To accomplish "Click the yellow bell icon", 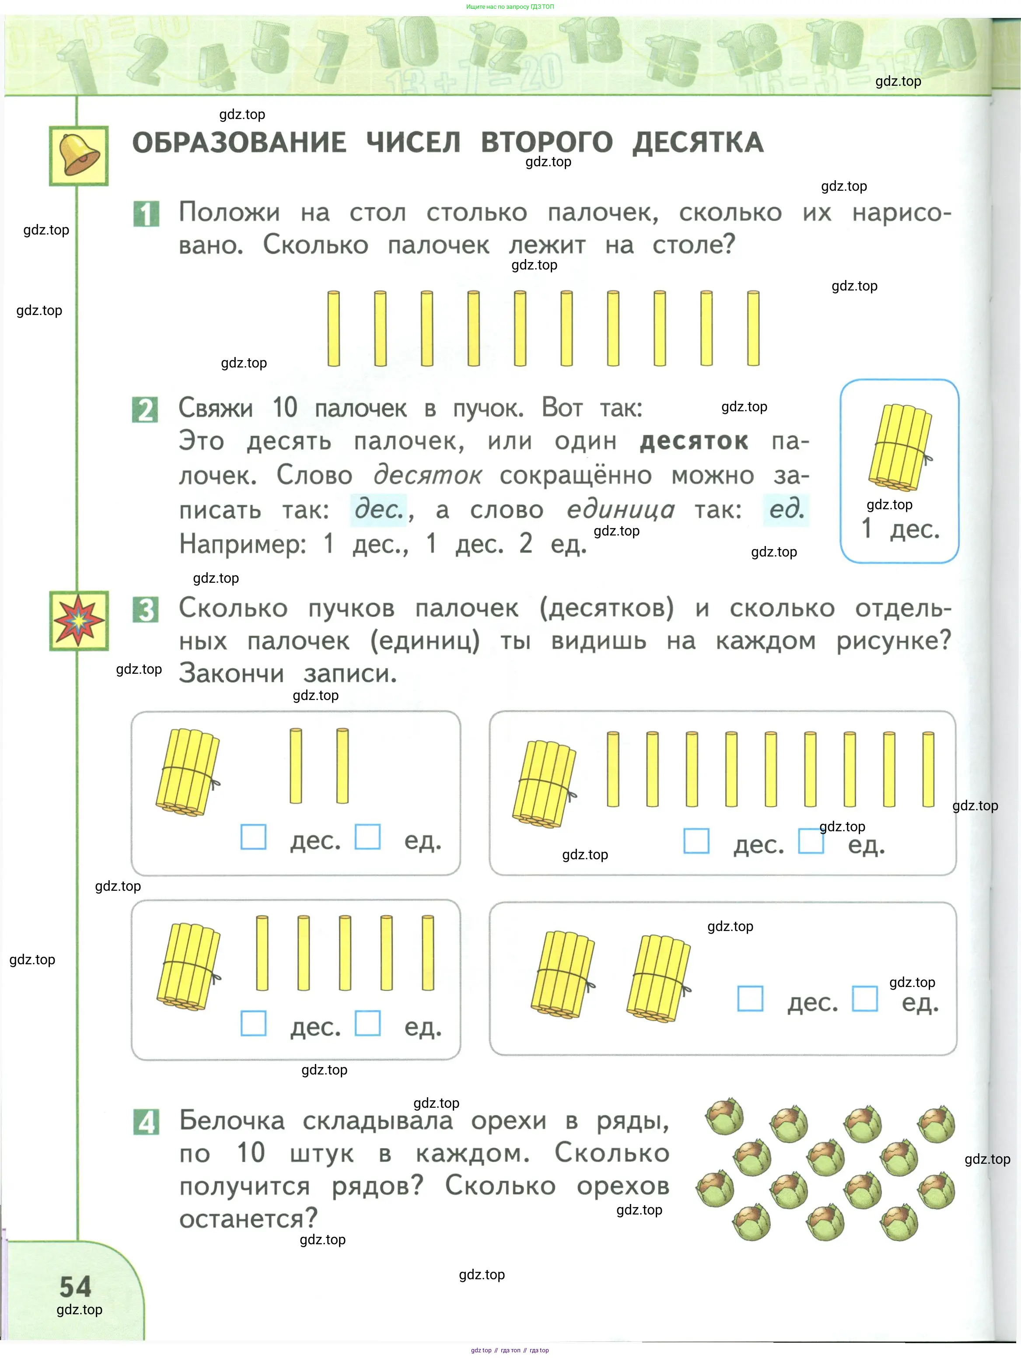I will tap(79, 155).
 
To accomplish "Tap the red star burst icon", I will tap(79, 621).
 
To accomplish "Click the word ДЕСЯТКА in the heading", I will tap(698, 143).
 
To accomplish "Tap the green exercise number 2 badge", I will tap(145, 409).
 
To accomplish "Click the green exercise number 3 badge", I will tap(146, 609).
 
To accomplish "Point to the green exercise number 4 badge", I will tap(146, 1122).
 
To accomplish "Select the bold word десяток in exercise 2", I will tap(694, 441).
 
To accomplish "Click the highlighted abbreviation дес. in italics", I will tap(378, 510).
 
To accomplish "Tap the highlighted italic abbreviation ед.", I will tap(786, 510).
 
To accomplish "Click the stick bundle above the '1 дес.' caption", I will tap(899, 447).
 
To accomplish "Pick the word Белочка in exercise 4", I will tap(232, 1120).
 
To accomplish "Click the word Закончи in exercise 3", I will tap(231, 673).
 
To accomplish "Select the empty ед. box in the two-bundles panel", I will tap(864, 998).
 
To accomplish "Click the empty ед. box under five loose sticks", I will tap(368, 1023).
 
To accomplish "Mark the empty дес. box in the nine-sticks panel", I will tap(696, 840).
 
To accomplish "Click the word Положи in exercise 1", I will tap(229, 213).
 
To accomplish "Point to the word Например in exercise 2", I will tap(242, 544).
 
